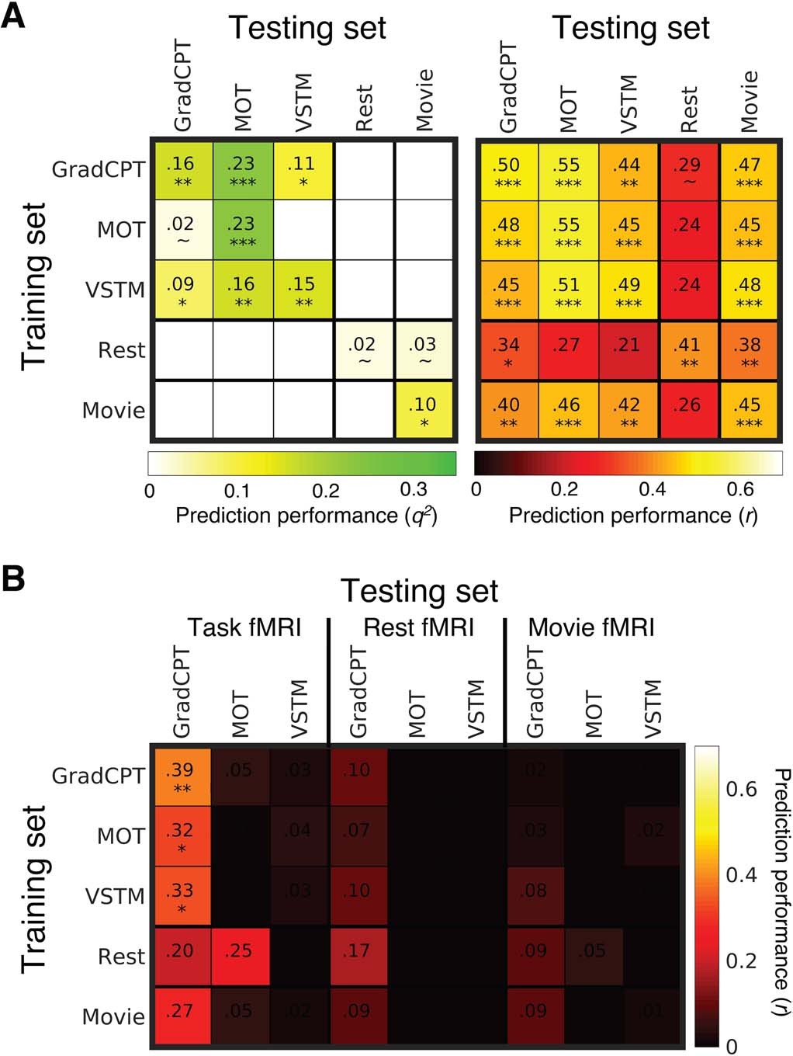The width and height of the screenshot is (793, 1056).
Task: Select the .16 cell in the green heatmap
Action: [x=182, y=170]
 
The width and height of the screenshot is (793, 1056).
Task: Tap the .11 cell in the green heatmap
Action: [x=303, y=170]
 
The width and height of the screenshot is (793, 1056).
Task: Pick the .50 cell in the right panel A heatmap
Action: [x=507, y=171]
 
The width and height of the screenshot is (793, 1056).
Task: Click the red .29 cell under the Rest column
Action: [x=688, y=171]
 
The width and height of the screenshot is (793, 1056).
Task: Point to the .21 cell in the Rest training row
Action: [x=628, y=350]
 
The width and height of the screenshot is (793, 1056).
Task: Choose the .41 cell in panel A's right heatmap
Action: [x=688, y=350]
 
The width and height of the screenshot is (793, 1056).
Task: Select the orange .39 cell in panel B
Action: [x=182, y=776]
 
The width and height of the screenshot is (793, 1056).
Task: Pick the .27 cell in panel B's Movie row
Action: [x=182, y=1016]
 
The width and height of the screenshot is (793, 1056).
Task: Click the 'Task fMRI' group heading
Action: [x=244, y=627]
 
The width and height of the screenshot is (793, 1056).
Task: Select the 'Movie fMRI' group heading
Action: [x=591, y=627]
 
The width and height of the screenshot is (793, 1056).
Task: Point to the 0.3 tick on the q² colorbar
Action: [x=414, y=490]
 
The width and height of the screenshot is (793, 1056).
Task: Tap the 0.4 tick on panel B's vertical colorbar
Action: [x=741, y=875]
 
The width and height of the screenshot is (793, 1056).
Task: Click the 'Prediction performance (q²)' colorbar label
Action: [x=306, y=516]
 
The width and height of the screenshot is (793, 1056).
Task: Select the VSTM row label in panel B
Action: [x=115, y=897]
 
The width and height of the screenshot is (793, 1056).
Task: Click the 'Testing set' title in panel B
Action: [x=419, y=591]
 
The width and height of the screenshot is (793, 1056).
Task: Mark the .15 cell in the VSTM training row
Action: [x=303, y=290]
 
